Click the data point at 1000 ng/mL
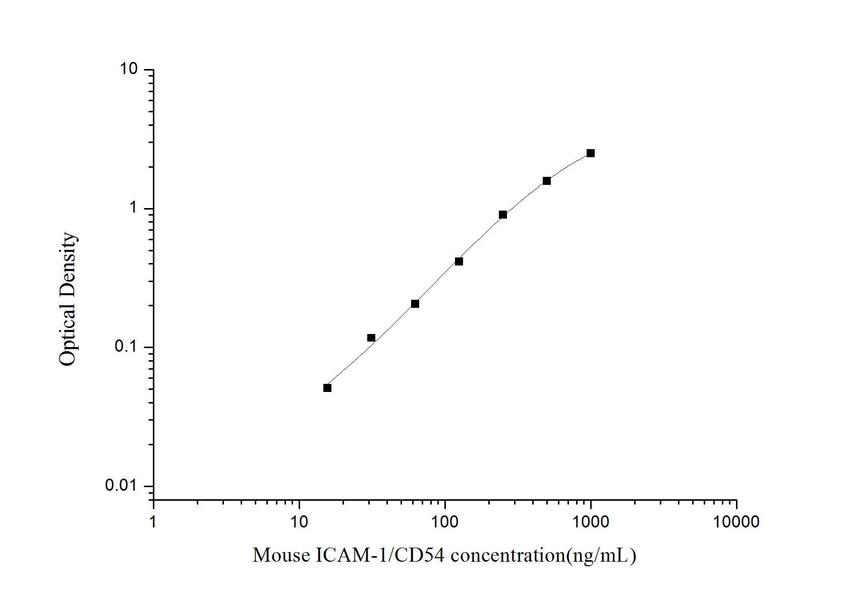[x=590, y=153]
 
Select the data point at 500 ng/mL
[x=547, y=181]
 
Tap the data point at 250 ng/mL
[x=503, y=215]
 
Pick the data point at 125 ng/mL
[x=459, y=261]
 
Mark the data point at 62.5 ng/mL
[x=415, y=304]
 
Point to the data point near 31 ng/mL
[x=371, y=338]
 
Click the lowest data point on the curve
[x=327, y=388]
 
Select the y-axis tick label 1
[x=134, y=208]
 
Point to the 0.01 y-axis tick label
[x=121, y=486]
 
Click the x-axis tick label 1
[x=153, y=522]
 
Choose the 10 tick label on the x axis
[x=299, y=522]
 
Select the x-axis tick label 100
[x=445, y=522]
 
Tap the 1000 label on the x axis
[x=591, y=522]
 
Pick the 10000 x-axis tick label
[x=736, y=522]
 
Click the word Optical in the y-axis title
[x=68, y=335]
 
